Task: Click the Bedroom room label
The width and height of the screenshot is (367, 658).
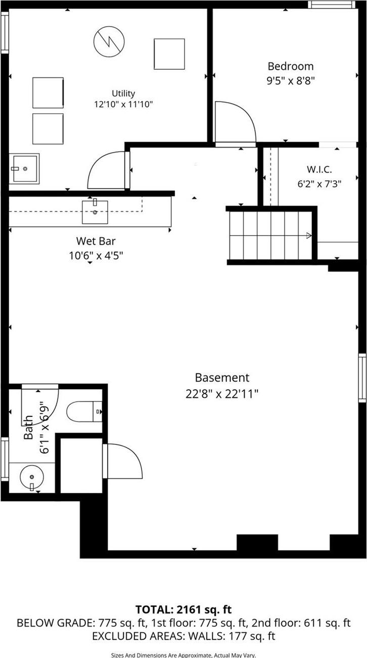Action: click(290, 66)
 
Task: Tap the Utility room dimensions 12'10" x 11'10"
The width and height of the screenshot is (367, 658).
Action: click(123, 105)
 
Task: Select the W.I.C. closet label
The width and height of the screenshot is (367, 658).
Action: click(319, 170)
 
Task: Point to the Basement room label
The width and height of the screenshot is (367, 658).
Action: click(222, 378)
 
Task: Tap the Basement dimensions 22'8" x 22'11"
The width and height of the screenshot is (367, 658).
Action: click(222, 393)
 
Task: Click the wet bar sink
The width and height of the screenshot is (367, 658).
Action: click(95, 211)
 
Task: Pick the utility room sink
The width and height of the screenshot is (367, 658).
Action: click(24, 168)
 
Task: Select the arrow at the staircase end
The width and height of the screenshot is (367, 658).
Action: click(308, 235)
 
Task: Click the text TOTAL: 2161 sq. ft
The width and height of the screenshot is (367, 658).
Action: click(183, 609)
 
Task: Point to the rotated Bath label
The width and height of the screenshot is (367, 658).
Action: click(29, 427)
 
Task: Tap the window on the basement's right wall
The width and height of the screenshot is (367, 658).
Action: click(362, 378)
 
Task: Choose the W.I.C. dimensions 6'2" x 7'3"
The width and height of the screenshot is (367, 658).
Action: click(319, 184)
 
